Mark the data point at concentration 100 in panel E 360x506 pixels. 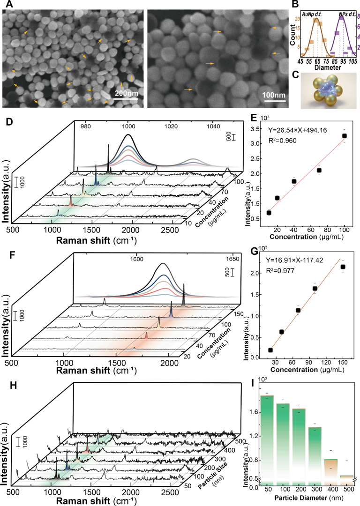(x=344, y=136)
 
